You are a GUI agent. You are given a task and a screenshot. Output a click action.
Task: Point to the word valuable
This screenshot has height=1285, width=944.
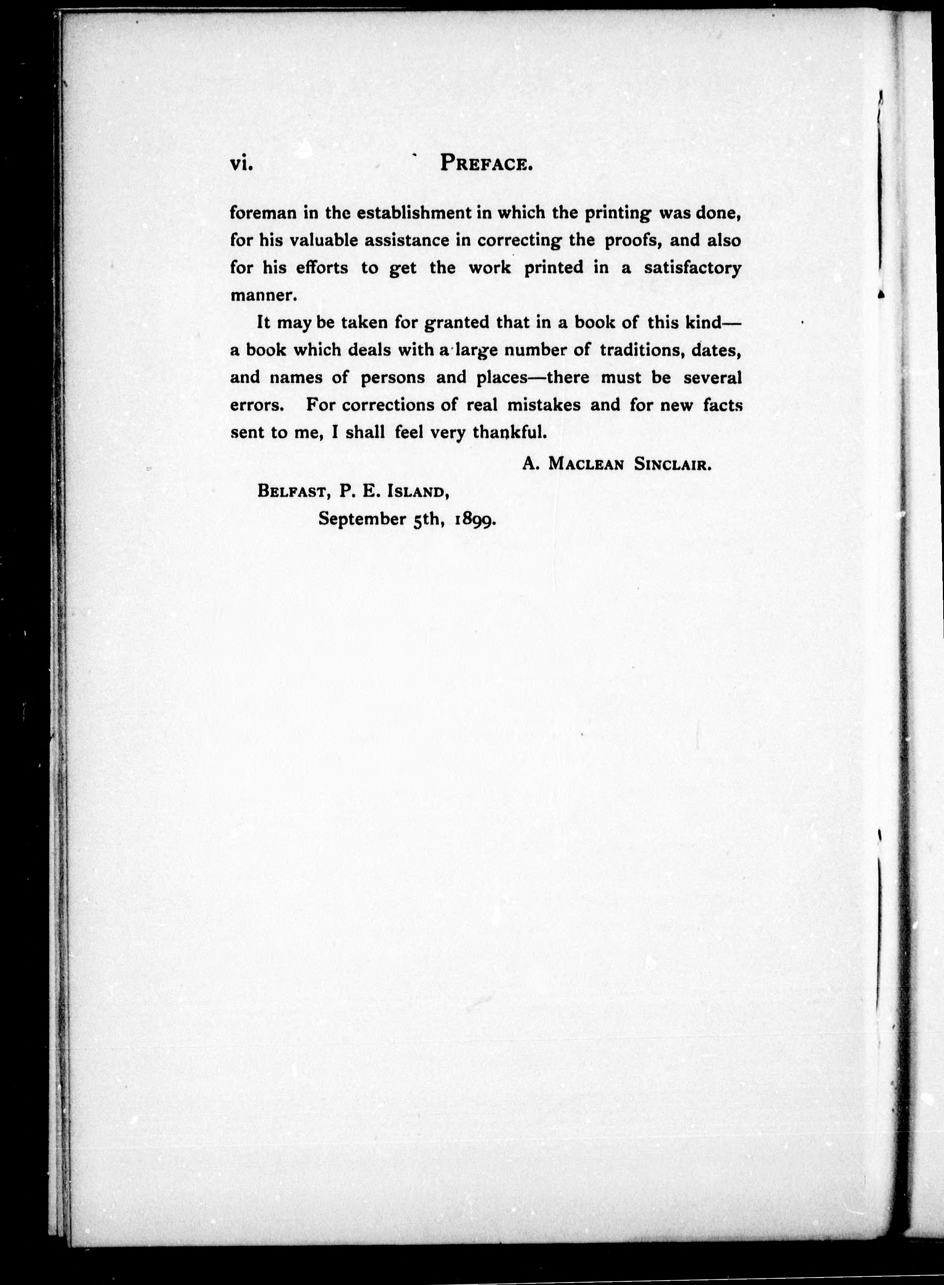[x=323, y=241]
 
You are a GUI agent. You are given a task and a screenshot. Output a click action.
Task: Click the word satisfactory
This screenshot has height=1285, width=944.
[x=692, y=268]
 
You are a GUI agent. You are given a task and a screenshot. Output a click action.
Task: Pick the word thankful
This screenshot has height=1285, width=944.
[x=510, y=433]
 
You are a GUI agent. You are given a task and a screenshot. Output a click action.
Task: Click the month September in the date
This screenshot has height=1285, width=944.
[x=362, y=520]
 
